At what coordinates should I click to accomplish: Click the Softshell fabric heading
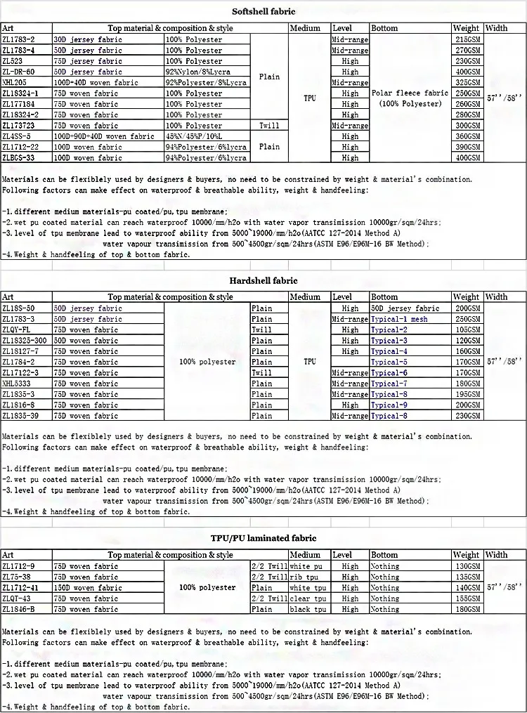click(263, 11)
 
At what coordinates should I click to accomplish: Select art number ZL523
click(13, 61)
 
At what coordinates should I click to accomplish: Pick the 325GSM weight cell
click(467, 82)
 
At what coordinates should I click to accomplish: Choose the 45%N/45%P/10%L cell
click(196, 136)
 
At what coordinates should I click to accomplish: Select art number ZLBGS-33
click(19, 157)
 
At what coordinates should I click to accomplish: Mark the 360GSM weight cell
click(467, 136)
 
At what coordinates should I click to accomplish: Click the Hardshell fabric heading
click(263, 281)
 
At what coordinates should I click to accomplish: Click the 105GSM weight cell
click(467, 329)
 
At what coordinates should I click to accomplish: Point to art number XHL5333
click(18, 384)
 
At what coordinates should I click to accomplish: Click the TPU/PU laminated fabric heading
click(263, 538)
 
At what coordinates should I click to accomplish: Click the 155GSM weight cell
click(467, 598)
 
